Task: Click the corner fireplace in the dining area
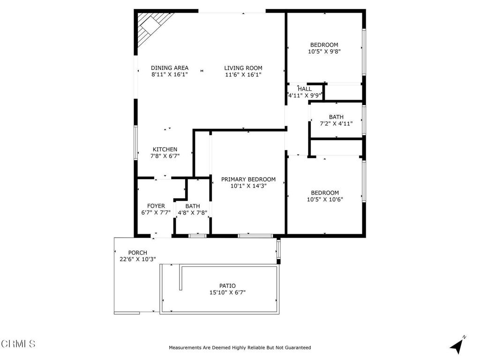pyautogui.click(x=151, y=29)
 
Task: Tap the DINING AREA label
pyautogui.click(x=170, y=68)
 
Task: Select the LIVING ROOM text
pyautogui.click(x=243, y=68)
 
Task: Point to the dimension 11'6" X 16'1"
pyautogui.click(x=243, y=75)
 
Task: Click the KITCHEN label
pyautogui.click(x=165, y=150)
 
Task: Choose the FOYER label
pyautogui.click(x=156, y=206)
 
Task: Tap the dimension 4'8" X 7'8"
pyautogui.click(x=192, y=213)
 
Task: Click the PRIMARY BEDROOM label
pyautogui.click(x=248, y=180)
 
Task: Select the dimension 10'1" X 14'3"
pyautogui.click(x=248, y=186)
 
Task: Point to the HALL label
pyautogui.click(x=305, y=89)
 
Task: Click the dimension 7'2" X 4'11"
pyautogui.click(x=336, y=124)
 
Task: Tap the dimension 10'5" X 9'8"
pyautogui.click(x=324, y=52)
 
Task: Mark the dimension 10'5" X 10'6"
pyautogui.click(x=325, y=200)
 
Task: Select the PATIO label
pyautogui.click(x=227, y=286)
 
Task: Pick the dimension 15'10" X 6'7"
pyautogui.click(x=227, y=292)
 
